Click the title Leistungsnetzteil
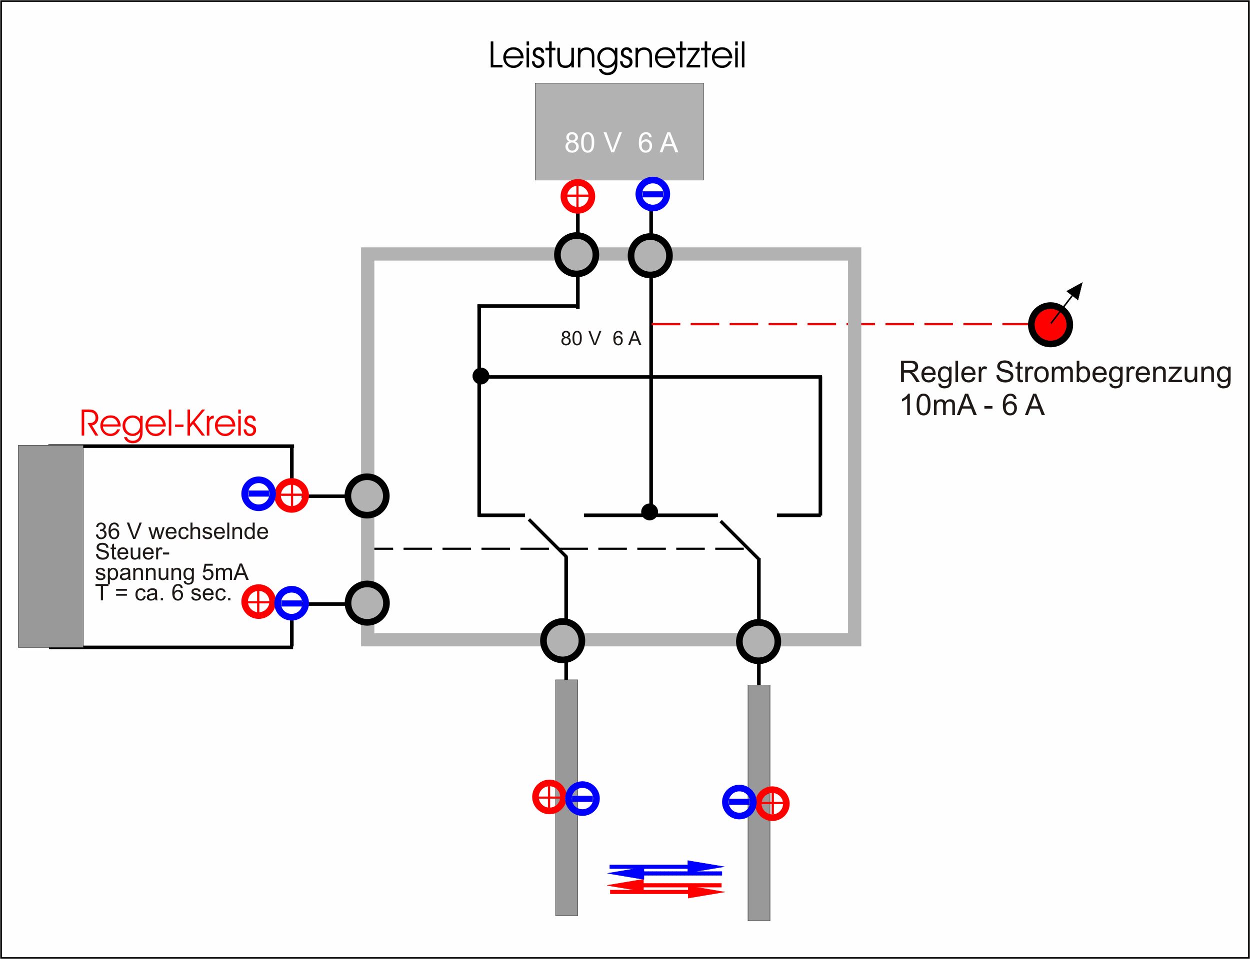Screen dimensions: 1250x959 click(617, 56)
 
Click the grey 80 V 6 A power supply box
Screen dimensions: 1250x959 click(619, 132)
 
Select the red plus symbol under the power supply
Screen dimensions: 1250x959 click(577, 196)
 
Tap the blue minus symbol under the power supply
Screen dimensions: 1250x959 click(652, 194)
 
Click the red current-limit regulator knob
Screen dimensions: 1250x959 click(1050, 325)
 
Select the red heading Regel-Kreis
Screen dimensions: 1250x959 click(168, 424)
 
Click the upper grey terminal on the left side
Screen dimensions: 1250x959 click(367, 496)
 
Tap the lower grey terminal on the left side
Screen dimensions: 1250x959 click(367, 603)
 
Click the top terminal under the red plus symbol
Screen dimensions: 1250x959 click(577, 255)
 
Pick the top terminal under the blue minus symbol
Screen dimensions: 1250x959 click(650, 256)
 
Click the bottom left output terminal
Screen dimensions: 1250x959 click(562, 641)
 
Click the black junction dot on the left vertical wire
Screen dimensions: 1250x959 click(481, 376)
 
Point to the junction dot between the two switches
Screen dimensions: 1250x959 click(649, 511)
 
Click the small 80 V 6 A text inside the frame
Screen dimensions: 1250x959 click(600, 339)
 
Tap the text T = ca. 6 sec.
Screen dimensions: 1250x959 click(163, 593)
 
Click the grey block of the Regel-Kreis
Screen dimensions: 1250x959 click(51, 546)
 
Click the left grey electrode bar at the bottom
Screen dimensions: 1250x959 click(566, 798)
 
